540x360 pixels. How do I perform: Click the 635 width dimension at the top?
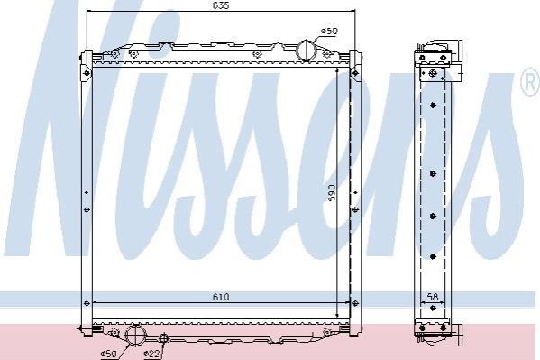click(221, 5)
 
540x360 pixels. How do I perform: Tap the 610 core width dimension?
click(221, 297)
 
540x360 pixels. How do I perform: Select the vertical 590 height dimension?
click(332, 193)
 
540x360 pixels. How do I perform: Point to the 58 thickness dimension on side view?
click(432, 297)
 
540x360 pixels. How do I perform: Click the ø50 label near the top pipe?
click(329, 31)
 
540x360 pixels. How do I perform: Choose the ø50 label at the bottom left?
click(108, 354)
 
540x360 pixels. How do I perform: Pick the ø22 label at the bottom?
click(151, 354)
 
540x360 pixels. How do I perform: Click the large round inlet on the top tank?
click(307, 51)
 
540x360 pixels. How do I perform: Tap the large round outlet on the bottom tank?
click(135, 335)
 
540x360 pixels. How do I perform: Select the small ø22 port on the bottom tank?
click(163, 338)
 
